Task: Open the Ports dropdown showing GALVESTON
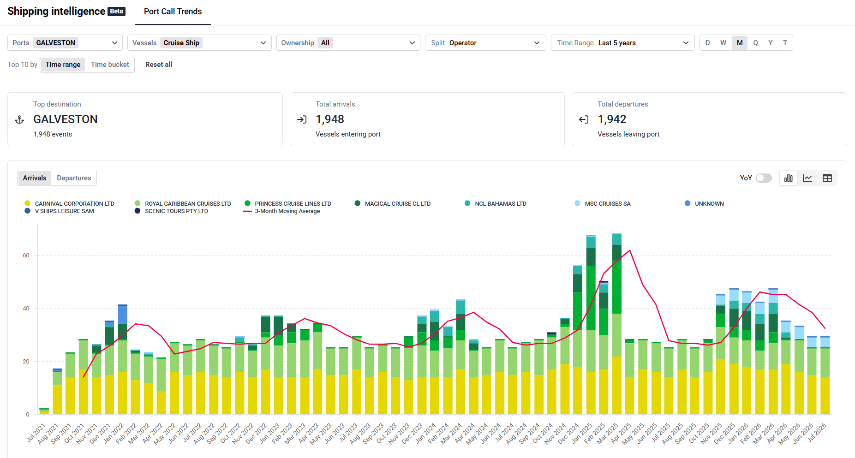click(x=65, y=43)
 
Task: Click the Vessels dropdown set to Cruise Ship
click(x=199, y=43)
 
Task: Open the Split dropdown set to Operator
click(x=485, y=43)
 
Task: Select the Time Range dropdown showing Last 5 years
click(x=622, y=43)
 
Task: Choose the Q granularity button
click(x=755, y=43)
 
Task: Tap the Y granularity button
click(x=770, y=43)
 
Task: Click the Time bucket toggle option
click(x=110, y=65)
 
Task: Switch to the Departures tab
click(x=74, y=178)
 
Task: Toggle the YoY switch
click(x=764, y=178)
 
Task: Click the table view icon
click(x=827, y=178)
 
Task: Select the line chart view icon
click(x=807, y=178)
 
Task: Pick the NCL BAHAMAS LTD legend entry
click(x=496, y=203)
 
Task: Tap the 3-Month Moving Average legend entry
click(x=281, y=211)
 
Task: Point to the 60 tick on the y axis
click(x=26, y=256)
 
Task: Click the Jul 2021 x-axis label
click(x=36, y=433)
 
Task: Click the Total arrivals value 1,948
click(x=330, y=119)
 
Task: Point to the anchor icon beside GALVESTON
click(x=19, y=120)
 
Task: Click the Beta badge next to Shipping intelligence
click(x=116, y=12)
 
